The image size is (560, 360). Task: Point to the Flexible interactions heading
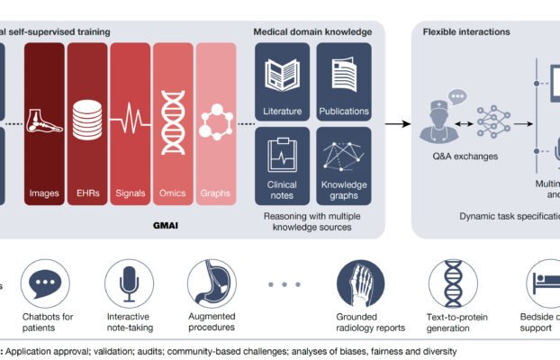tap(466, 31)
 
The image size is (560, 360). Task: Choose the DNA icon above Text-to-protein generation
tap(452, 283)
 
